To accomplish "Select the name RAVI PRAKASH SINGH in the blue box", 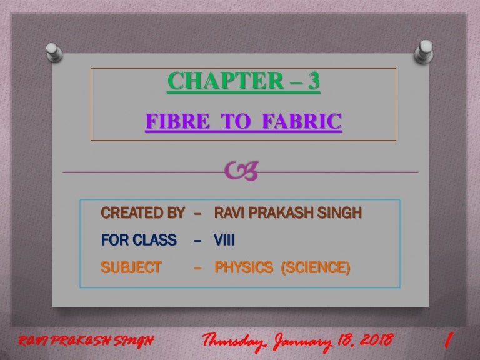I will pos(288,214).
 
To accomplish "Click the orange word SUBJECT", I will pos(131,267).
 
